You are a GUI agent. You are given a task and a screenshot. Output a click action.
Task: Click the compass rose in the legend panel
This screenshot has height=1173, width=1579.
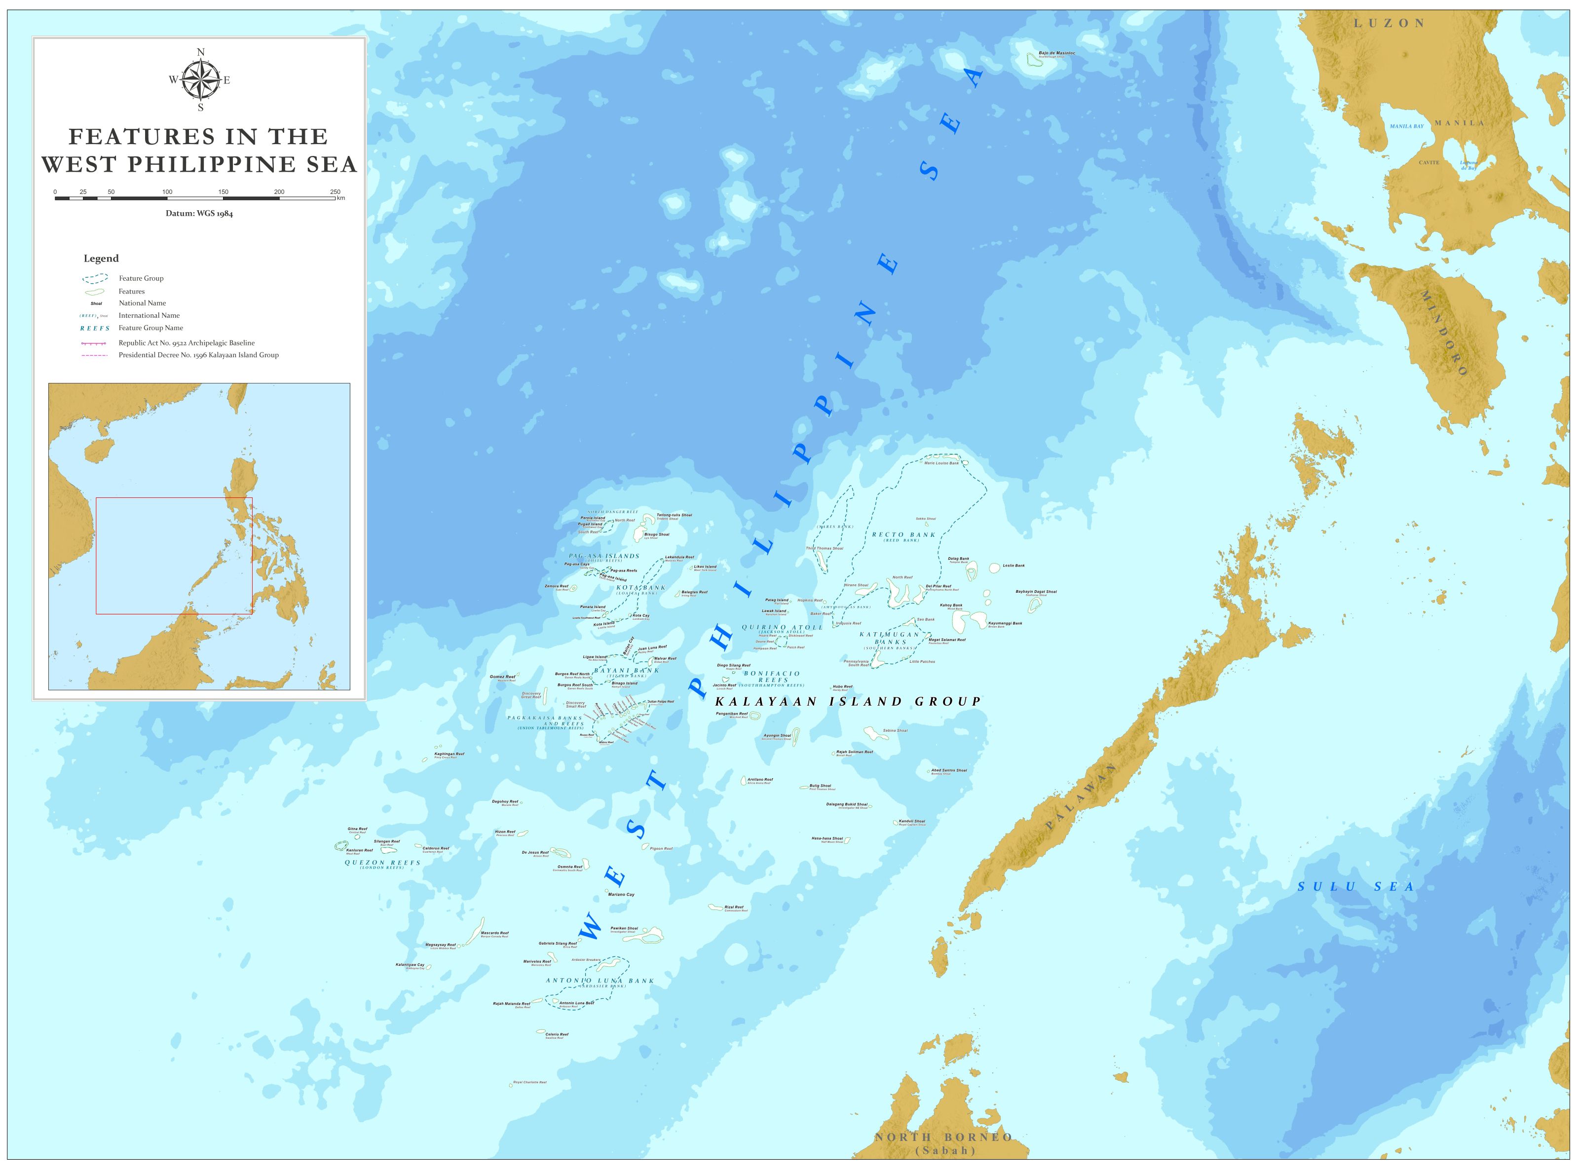[200, 79]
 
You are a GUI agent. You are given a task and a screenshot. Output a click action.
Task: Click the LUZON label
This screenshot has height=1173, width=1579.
[1389, 23]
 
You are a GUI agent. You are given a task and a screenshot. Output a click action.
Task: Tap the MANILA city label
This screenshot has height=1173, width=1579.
[1459, 123]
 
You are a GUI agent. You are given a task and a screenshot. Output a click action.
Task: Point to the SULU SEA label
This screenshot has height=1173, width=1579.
[1355, 887]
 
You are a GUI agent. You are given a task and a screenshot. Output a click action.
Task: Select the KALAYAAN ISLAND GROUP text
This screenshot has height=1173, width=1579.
[848, 702]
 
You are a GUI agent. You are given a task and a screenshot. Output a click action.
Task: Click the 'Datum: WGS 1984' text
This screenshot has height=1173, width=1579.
[199, 214]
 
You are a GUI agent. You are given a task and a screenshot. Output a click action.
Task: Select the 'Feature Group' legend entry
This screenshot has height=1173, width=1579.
[141, 278]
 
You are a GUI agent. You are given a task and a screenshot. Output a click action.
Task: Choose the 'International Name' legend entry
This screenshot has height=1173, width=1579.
[149, 315]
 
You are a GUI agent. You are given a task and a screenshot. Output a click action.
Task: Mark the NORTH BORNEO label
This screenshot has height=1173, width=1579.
[943, 1137]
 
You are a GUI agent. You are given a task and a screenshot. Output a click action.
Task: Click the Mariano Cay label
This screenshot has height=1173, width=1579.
[621, 895]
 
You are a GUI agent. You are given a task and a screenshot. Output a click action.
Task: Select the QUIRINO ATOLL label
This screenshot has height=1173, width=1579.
[783, 628]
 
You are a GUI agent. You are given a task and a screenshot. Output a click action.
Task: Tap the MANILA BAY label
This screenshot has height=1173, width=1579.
[1406, 126]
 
